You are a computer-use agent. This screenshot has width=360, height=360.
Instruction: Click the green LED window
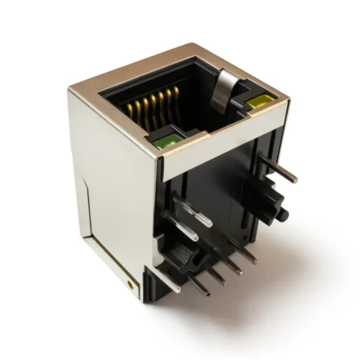point(166,139)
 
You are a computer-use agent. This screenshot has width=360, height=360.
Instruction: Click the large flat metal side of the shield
point(112,198)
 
